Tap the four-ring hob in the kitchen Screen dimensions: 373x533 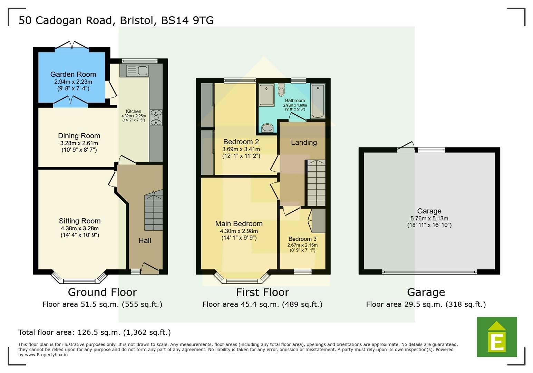click(x=156, y=117)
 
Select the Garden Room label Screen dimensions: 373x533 click(x=73, y=74)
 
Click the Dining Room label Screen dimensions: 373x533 click(x=79, y=136)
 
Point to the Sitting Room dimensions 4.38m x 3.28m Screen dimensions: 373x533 click(x=80, y=228)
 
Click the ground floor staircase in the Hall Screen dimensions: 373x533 click(x=153, y=211)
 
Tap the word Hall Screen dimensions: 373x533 click(x=145, y=240)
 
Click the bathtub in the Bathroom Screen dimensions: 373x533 click(x=318, y=101)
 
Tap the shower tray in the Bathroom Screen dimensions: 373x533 click(x=266, y=94)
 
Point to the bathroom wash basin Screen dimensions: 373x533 click(x=267, y=128)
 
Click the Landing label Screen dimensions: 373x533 click(x=303, y=142)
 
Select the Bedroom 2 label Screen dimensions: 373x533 click(x=241, y=142)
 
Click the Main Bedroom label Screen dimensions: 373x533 click(x=239, y=224)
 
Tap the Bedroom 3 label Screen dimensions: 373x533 click(x=302, y=239)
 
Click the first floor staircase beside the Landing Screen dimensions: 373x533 click(x=316, y=183)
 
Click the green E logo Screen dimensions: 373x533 click(x=497, y=337)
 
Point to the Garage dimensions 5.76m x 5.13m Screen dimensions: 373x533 click(x=429, y=218)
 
